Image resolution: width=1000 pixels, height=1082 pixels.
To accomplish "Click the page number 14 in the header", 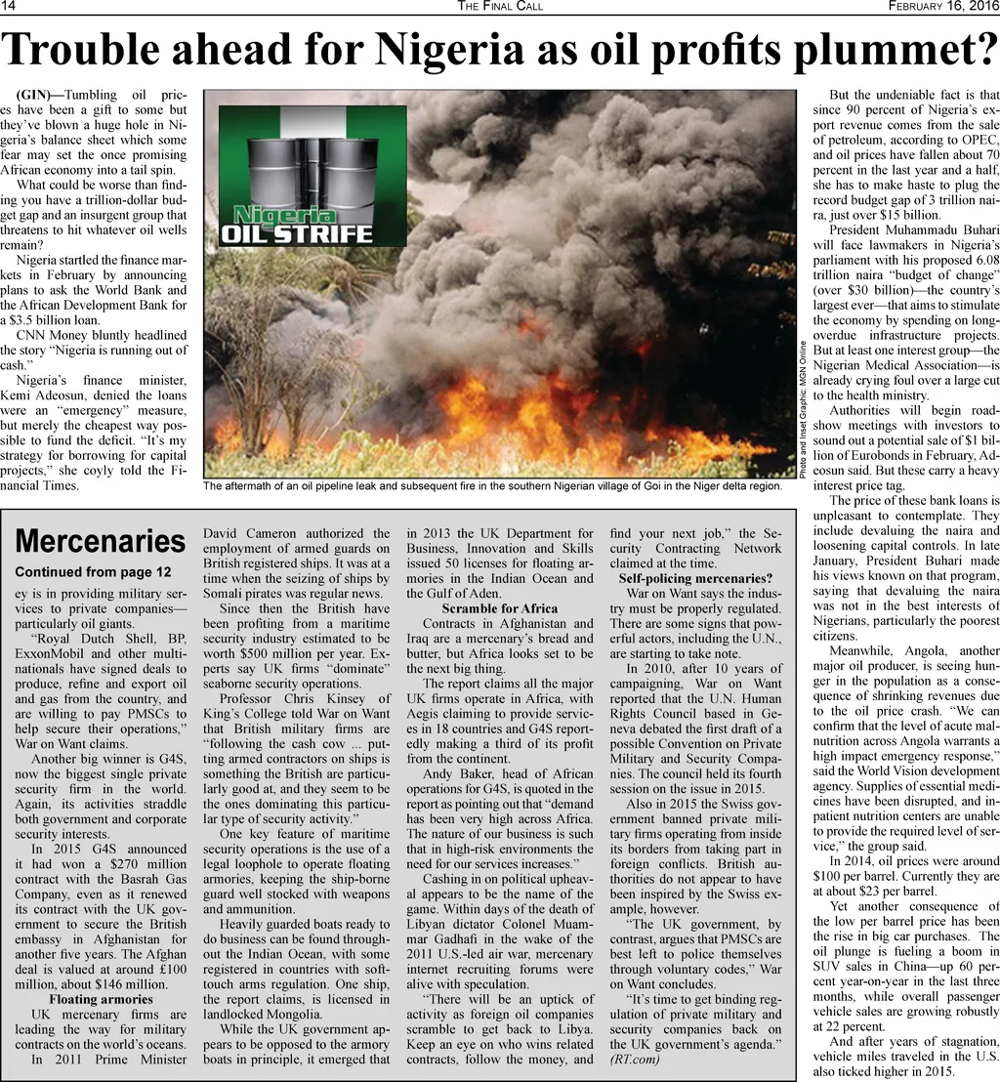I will [x=8, y=8].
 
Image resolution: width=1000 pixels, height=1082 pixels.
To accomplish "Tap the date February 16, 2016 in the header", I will [x=941, y=8].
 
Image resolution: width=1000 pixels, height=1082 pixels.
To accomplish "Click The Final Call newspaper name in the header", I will [x=500, y=8].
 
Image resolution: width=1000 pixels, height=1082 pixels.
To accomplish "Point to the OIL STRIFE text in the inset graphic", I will [x=298, y=233].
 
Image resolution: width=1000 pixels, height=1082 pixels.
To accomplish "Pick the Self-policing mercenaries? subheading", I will [x=695, y=579].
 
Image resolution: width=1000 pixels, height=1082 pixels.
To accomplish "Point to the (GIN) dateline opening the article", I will [x=40, y=95].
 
